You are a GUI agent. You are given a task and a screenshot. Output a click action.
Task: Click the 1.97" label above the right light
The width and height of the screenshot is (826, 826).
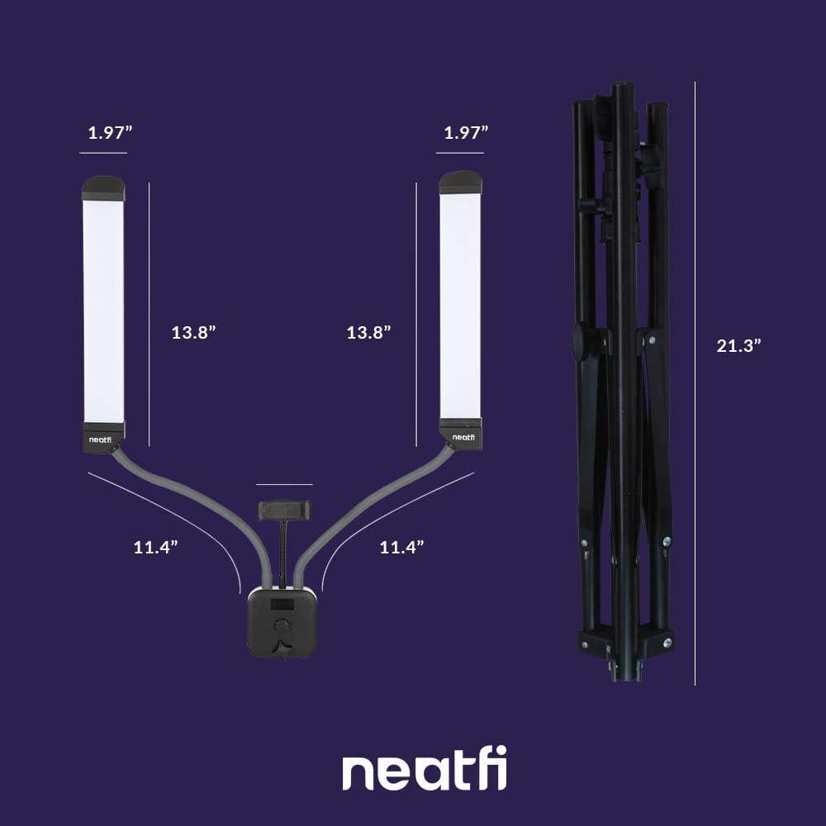click(466, 133)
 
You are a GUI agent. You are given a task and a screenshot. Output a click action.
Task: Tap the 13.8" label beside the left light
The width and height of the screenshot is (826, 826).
click(194, 332)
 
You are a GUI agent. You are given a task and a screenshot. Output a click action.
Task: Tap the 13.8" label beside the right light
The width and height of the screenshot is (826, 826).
click(368, 332)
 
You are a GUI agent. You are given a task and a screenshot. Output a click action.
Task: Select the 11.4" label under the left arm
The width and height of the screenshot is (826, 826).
click(156, 546)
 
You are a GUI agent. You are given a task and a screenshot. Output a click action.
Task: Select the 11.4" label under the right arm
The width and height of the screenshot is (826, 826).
click(401, 546)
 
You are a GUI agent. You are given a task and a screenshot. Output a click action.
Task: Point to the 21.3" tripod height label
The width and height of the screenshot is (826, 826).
click(738, 346)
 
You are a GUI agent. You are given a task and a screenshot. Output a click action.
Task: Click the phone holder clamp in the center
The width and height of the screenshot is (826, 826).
click(285, 508)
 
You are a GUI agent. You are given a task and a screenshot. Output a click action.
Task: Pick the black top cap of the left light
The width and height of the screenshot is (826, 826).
click(104, 188)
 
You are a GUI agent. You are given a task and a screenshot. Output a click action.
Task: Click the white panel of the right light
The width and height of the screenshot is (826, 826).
click(461, 306)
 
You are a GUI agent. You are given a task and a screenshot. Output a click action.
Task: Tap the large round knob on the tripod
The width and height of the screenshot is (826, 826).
click(582, 342)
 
